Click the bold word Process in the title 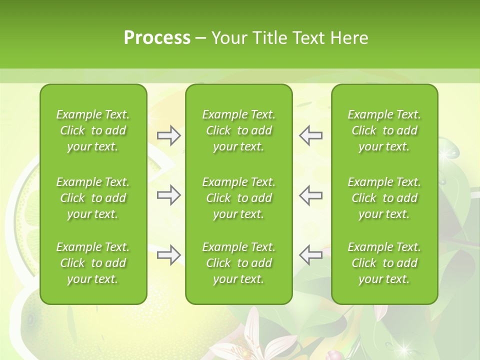click(157, 37)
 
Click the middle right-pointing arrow click(168, 195)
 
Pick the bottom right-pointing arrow click(168, 254)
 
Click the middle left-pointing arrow click(311, 195)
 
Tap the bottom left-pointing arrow click(311, 254)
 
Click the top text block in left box click(93, 130)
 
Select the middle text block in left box click(93, 198)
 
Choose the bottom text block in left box click(93, 263)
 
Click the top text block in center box click(238, 130)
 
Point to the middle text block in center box click(238, 198)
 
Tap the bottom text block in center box click(238, 263)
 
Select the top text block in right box click(384, 130)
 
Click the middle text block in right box click(384, 198)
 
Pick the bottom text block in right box click(384, 263)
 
